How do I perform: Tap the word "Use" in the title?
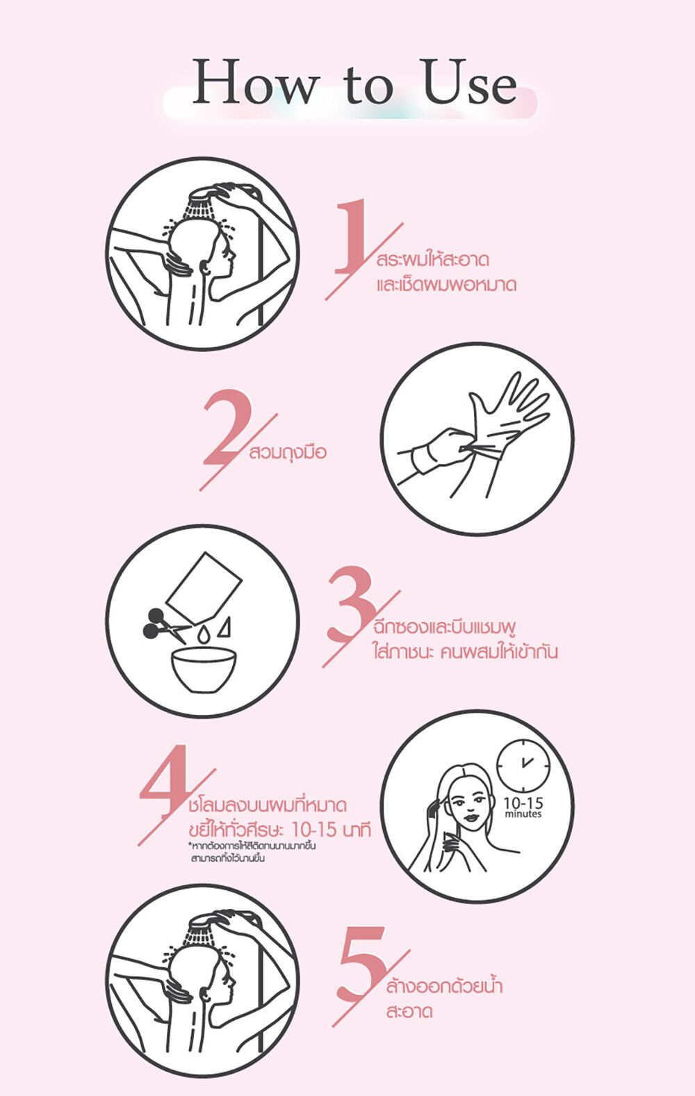[x=470, y=81]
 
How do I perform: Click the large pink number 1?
[x=351, y=235]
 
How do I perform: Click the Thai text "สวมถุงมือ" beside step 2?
[x=287, y=453]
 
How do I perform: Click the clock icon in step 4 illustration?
[x=523, y=766]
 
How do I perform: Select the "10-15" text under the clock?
[x=523, y=803]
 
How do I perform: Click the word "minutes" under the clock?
[x=523, y=814]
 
